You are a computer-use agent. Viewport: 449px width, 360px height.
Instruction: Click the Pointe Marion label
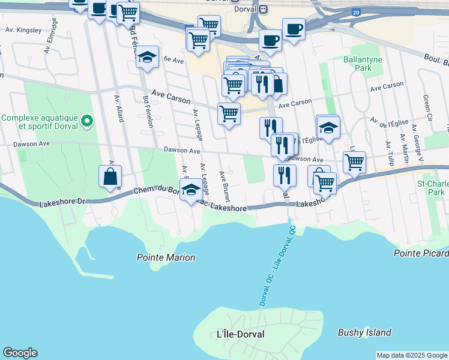[x=166, y=257]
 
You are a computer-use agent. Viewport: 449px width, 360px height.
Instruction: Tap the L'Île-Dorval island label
[x=240, y=334]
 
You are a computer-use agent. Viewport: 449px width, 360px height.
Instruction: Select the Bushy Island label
[x=364, y=332]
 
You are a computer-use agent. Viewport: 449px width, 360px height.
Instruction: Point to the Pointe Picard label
[x=421, y=253]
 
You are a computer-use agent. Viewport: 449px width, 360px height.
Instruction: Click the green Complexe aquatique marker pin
[x=87, y=122]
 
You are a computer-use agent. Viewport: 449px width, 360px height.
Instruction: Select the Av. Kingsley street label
[x=23, y=29]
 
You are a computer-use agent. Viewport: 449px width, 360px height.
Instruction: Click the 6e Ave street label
[x=173, y=59]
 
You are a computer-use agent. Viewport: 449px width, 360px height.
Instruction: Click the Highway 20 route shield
[x=357, y=12]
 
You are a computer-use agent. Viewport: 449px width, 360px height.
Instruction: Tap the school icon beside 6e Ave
[x=147, y=57]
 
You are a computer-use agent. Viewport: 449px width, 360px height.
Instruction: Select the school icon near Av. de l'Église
[x=328, y=127]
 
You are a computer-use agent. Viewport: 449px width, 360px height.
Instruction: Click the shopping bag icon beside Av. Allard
[x=110, y=176]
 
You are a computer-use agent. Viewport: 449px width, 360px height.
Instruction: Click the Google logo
[x=20, y=353]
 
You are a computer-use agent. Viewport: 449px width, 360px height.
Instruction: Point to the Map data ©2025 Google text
[x=412, y=355]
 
